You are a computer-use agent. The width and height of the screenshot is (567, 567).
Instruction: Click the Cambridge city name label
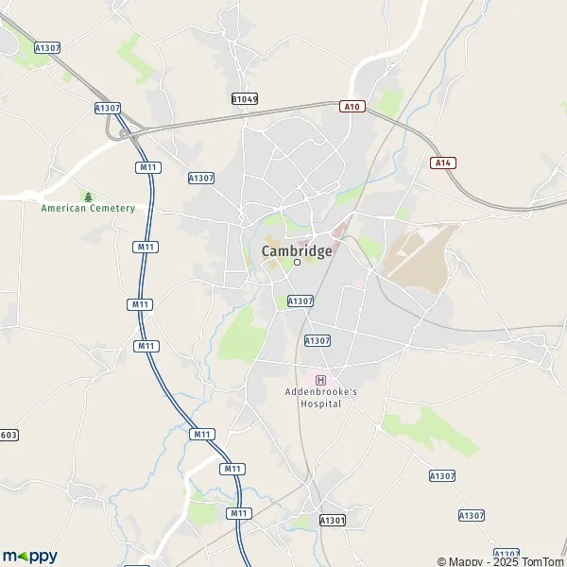point(296,250)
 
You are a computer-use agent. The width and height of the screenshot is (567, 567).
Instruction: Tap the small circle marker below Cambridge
point(297,264)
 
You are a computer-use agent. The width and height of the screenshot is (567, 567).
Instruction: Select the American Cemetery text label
point(88,208)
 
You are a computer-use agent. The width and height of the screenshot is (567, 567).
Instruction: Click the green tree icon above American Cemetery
point(88,197)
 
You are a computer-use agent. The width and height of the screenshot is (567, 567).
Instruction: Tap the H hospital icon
point(320,379)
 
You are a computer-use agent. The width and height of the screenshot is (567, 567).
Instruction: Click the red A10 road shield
point(352,108)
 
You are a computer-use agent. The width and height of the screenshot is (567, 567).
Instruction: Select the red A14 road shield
point(442,163)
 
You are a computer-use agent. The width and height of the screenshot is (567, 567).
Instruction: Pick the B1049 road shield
point(245,98)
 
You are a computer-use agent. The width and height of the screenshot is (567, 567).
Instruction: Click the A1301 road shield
point(332,520)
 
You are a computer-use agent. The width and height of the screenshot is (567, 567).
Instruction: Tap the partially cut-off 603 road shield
point(9,435)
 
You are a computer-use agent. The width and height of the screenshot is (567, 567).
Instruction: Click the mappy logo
point(30,556)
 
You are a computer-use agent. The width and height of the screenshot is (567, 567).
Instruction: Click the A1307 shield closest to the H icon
point(318,340)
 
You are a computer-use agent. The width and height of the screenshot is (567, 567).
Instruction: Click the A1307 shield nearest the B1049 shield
point(201,178)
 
